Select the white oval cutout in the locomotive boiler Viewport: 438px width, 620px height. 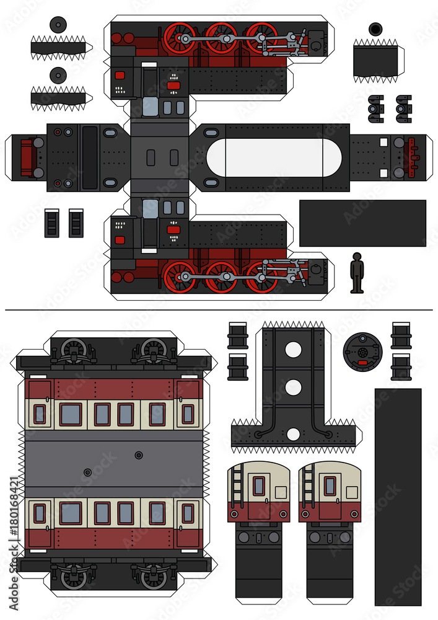pos(274,157)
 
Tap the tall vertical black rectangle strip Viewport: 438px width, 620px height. pos(398,496)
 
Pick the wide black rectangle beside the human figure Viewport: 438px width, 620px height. pos(362,223)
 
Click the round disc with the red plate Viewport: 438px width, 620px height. pos(363,350)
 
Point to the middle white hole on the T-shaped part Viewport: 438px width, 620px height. pos(293,387)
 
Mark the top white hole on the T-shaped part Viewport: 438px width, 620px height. pos(293,350)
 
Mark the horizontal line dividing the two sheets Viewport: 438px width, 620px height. pos(219,308)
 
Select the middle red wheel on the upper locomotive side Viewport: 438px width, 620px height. pos(221,38)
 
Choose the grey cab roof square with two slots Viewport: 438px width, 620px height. pos(159,157)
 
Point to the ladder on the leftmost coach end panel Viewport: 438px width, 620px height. pos(237,485)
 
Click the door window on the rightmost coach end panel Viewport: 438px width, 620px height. pos(330,486)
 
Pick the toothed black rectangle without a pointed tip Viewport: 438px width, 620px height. pos(375,60)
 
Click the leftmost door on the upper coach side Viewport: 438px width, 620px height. pos(39,414)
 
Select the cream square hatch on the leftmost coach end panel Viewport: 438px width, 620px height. pos(281,492)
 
